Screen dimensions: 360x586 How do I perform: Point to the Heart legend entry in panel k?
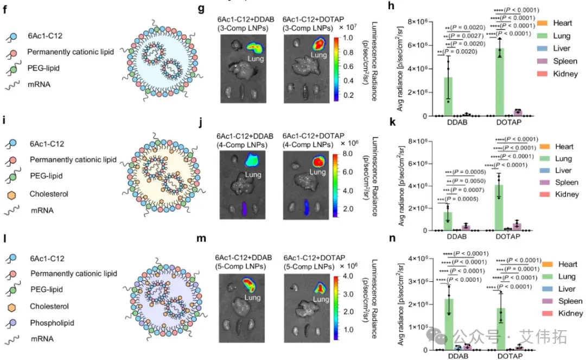coord(564,147)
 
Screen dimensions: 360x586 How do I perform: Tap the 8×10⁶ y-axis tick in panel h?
coord(418,22)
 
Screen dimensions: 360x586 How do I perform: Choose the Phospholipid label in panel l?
coord(52,323)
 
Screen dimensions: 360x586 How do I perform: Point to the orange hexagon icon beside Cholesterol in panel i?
coord(12,193)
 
